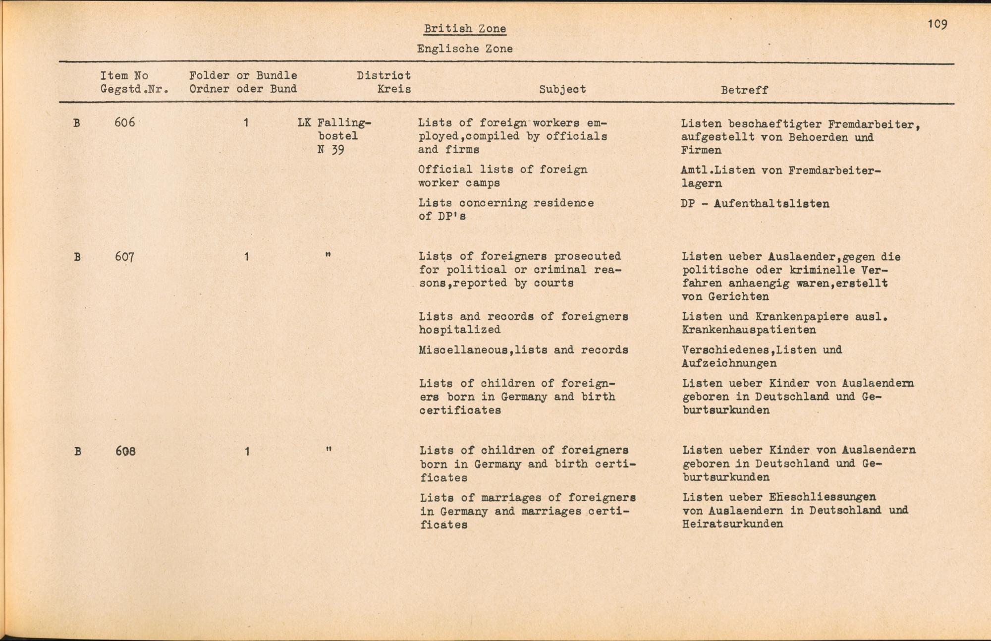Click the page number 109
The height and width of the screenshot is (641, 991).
pyautogui.click(x=937, y=24)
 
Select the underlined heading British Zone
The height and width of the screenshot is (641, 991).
pyautogui.click(x=465, y=29)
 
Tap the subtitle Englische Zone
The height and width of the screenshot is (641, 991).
pyautogui.click(x=465, y=49)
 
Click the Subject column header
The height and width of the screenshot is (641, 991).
pyautogui.click(x=562, y=89)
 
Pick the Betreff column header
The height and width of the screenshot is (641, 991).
pyautogui.click(x=744, y=90)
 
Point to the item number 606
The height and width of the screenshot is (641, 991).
pyautogui.click(x=124, y=122)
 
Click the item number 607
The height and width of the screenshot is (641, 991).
pyautogui.click(x=124, y=257)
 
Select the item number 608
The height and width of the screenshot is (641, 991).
pyautogui.click(x=125, y=451)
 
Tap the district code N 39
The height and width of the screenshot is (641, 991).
pyautogui.click(x=330, y=150)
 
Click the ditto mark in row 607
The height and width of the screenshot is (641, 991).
pyautogui.click(x=328, y=255)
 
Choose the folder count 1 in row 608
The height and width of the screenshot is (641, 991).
pyautogui.click(x=247, y=452)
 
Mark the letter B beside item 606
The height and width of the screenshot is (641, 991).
pyautogui.click(x=77, y=123)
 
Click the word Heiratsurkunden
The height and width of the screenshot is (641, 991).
pyautogui.click(x=732, y=524)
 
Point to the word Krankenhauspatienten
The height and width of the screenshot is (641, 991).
pyautogui.click(x=748, y=330)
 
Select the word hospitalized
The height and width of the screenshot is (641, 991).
pyautogui.click(x=459, y=330)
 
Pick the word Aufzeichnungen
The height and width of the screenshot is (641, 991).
pyautogui.click(x=729, y=363)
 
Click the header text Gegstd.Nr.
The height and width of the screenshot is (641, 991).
pyautogui.click(x=134, y=89)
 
